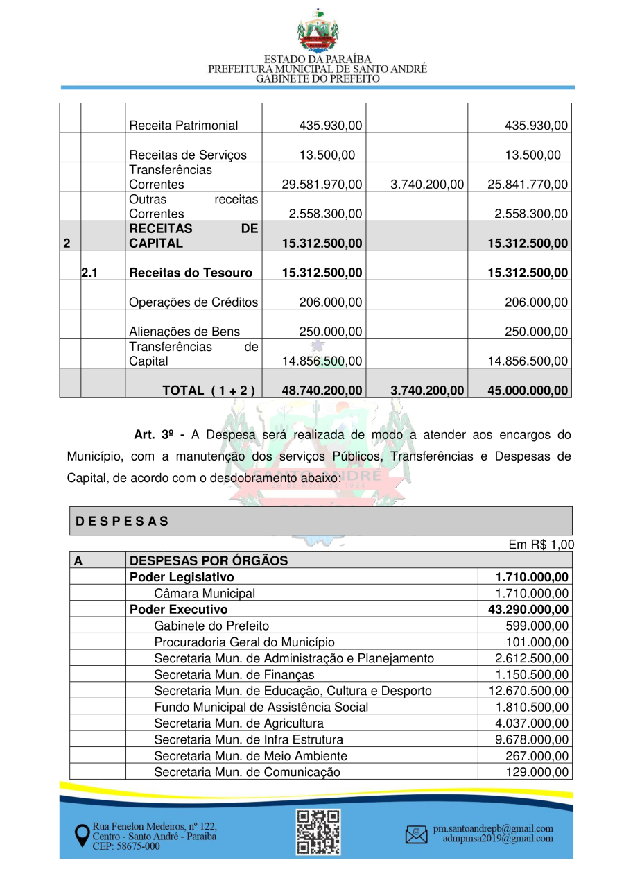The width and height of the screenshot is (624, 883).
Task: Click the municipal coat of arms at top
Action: [318, 32]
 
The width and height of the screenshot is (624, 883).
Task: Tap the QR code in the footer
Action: [318, 832]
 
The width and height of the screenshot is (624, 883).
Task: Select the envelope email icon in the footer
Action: [416, 834]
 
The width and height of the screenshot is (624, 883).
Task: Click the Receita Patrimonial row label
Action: [183, 126]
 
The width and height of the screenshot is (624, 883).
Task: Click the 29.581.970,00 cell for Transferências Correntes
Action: [322, 185]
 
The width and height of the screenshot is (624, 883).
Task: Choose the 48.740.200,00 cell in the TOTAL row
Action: [322, 391]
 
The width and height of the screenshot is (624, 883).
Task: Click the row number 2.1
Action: [89, 273]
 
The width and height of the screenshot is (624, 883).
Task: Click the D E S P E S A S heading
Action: [122, 521]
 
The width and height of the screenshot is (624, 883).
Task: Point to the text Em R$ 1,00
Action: [541, 545]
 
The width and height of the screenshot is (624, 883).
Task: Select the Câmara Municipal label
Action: [204, 593]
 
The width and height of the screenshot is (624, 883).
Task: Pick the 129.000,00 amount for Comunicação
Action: [538, 772]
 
